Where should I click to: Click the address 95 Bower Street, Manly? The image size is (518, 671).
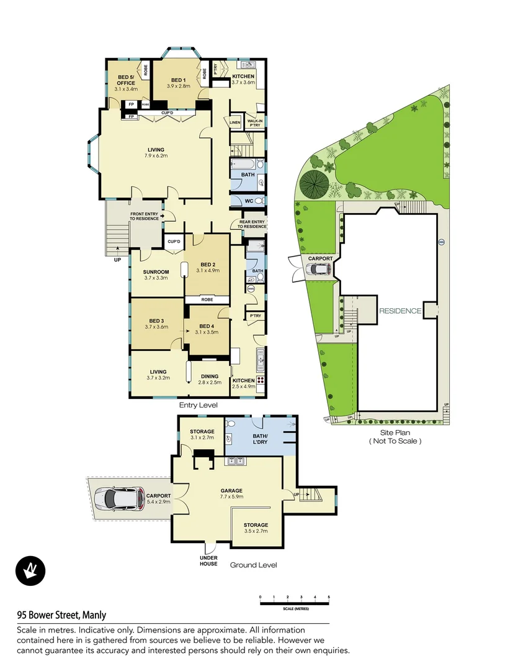coord(61,616)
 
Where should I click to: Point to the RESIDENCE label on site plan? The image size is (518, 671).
coord(400,311)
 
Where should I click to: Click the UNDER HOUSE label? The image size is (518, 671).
coord(208,561)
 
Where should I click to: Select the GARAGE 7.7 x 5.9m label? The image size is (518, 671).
coord(231,493)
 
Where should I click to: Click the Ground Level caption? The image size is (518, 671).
coord(253,565)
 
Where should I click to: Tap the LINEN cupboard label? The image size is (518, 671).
coord(234,122)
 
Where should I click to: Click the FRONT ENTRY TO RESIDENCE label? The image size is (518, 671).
coord(145,216)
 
